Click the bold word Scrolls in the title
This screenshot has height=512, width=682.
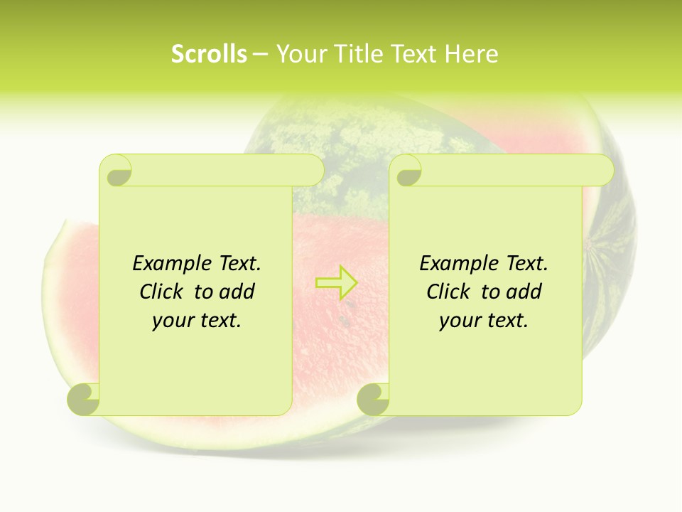[x=210, y=54]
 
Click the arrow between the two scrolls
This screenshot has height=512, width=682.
[x=336, y=282]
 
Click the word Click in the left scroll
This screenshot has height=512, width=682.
[x=163, y=292]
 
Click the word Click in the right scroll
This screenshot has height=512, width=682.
[x=450, y=292]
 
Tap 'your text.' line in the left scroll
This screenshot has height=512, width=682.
[x=197, y=320]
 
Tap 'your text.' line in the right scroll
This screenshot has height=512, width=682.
[x=484, y=320]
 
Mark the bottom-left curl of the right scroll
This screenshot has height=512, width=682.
[x=374, y=399]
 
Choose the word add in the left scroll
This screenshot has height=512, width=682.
[x=237, y=292]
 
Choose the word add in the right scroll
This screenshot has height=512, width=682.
[x=524, y=292]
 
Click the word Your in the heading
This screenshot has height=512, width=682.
[x=300, y=54]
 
